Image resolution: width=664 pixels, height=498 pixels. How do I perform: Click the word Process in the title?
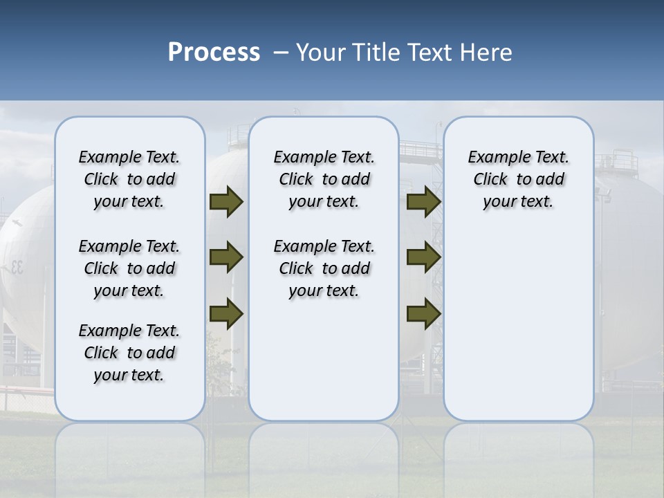[x=214, y=53]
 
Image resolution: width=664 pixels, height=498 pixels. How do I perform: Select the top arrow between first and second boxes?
[x=225, y=202]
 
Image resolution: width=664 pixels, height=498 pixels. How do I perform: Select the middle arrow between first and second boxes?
[x=225, y=258]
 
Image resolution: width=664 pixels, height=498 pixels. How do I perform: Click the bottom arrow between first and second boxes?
[x=225, y=313]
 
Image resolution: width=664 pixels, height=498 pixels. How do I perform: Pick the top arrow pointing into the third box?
[x=423, y=202]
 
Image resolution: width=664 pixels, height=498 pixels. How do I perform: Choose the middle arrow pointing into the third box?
[x=423, y=258]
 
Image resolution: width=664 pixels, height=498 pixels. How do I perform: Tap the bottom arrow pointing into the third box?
[x=423, y=313]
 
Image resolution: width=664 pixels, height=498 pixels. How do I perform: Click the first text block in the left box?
[x=129, y=179]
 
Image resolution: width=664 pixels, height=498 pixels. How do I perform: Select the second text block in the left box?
[x=129, y=268]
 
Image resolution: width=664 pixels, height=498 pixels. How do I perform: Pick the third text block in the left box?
[x=129, y=353]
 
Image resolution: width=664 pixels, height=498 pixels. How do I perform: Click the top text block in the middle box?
[x=324, y=179]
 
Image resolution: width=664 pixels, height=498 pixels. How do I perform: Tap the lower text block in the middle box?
[x=324, y=268]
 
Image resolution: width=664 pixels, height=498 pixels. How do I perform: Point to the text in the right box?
[x=519, y=179]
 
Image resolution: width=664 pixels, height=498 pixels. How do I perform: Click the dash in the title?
[x=281, y=53]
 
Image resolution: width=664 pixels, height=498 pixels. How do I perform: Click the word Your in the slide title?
[x=322, y=53]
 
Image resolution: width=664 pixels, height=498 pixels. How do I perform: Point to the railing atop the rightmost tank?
[x=616, y=163]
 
